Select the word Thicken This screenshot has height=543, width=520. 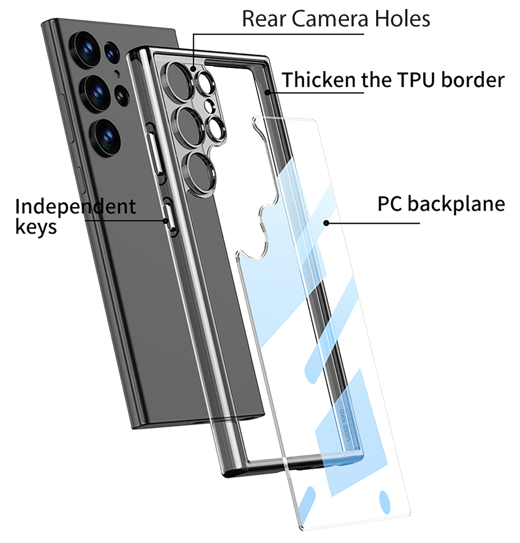(319, 80)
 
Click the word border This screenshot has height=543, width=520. (473, 80)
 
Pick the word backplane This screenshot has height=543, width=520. (456, 204)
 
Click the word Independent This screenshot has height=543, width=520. (75, 207)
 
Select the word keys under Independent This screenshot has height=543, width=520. (36, 228)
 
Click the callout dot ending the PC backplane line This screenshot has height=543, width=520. (326, 223)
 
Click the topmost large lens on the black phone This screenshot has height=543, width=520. (86, 49)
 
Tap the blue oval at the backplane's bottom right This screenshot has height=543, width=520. (384, 502)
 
